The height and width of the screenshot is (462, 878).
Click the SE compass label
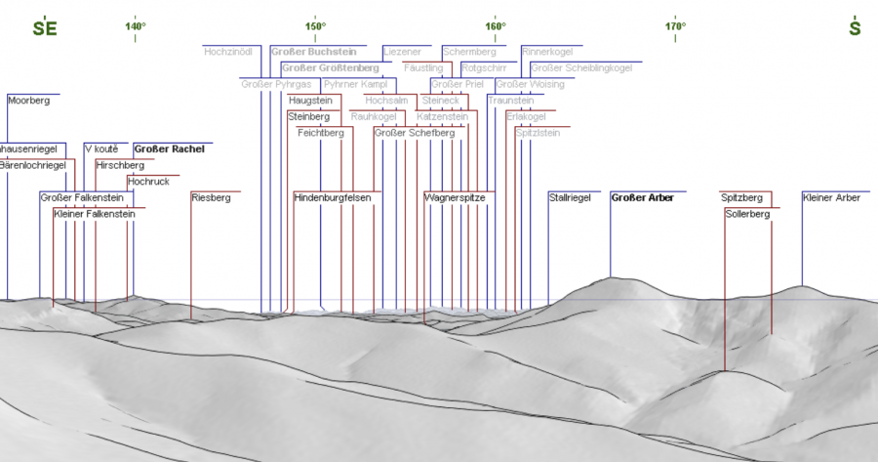coord(45,28)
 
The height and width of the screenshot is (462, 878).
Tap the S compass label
coord(855,28)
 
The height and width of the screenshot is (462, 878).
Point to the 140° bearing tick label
coord(136,25)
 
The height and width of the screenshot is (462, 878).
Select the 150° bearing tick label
coord(315,25)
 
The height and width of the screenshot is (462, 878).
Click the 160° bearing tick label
coord(495,25)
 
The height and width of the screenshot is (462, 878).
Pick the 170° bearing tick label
coord(675,25)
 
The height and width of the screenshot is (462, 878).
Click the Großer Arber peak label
coord(642,197)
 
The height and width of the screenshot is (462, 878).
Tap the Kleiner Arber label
coord(831,197)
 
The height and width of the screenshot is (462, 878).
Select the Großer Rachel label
coord(169,148)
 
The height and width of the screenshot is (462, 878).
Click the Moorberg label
coord(27,100)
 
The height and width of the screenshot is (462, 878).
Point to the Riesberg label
coord(211,197)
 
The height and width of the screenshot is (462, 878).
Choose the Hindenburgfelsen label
coord(333,197)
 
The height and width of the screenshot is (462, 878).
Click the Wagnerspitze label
coord(455,197)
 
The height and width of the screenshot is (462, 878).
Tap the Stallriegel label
coord(570,197)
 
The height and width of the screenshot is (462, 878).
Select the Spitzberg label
coord(741,197)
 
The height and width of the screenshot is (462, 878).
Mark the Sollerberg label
coord(747,213)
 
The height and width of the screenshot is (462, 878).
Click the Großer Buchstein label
coord(311,51)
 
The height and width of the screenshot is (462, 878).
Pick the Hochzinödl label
coord(229,51)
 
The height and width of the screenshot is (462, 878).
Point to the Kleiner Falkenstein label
coord(94,213)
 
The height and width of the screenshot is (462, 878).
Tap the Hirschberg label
coord(120,165)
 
